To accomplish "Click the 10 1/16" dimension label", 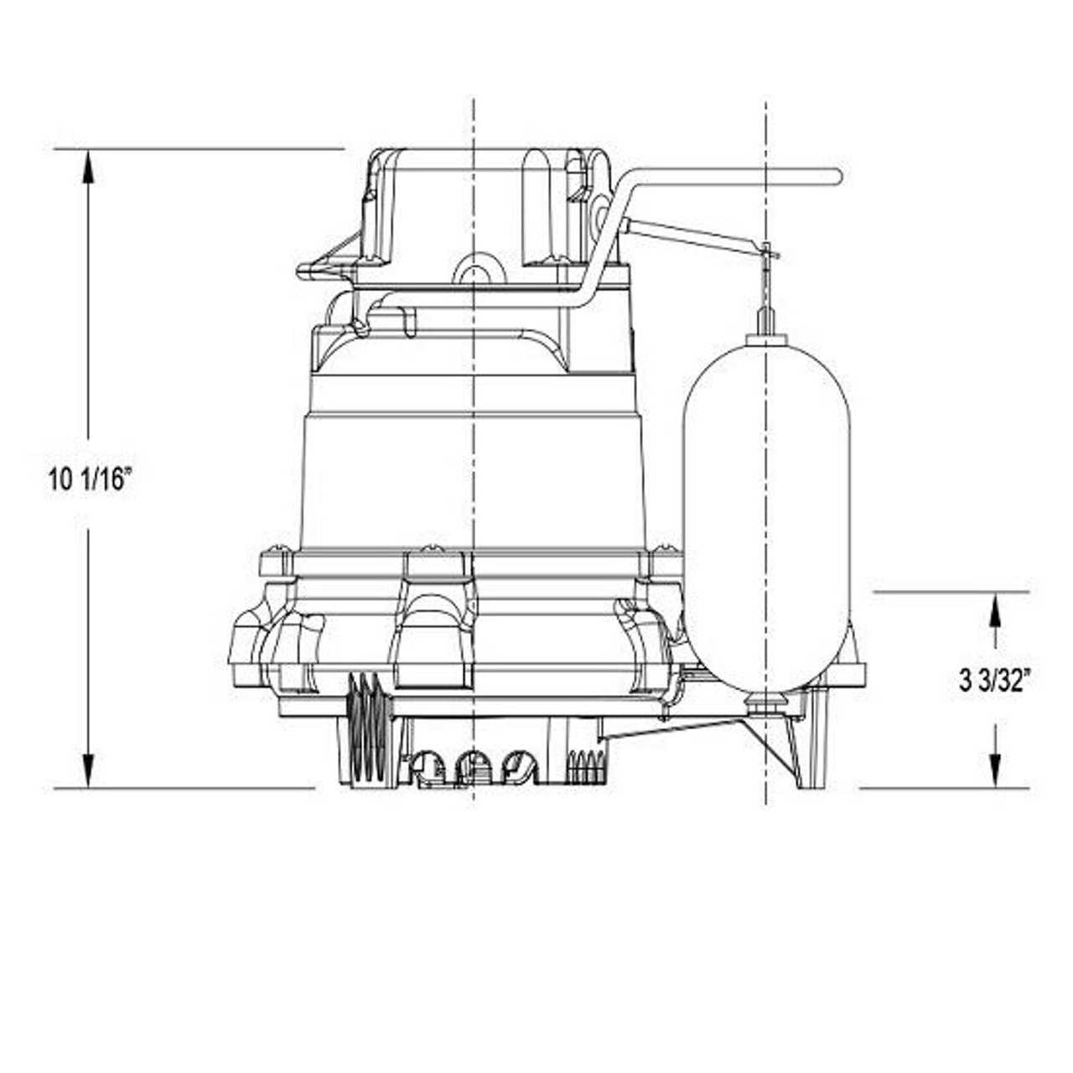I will (91, 479).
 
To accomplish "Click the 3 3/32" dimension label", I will (994, 681).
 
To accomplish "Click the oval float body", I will (767, 511).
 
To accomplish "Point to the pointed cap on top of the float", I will (767, 321).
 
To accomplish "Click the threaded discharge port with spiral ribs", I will (365, 729).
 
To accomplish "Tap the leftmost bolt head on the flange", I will (276, 553).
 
